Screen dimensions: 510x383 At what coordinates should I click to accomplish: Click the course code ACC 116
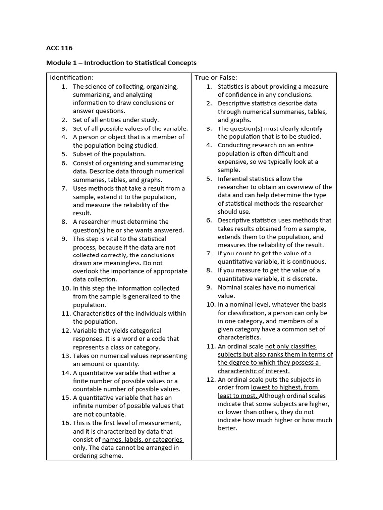click(59, 48)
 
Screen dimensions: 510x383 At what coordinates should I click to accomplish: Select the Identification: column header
click(71, 77)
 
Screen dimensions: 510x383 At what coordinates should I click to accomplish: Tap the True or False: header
click(216, 77)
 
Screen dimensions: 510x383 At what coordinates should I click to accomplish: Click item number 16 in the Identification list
click(66, 423)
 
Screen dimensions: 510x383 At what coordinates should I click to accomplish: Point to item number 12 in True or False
click(210, 380)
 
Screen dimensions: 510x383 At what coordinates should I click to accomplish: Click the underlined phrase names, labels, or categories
click(142, 440)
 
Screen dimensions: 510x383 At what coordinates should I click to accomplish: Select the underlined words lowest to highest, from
click(285, 387)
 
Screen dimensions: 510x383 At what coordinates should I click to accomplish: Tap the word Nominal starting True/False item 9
click(231, 287)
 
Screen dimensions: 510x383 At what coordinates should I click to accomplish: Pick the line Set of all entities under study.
click(116, 120)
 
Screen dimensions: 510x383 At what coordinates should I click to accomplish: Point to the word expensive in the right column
click(234, 162)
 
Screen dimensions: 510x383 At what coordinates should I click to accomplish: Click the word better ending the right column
click(227, 428)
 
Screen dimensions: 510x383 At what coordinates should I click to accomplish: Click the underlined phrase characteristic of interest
click(253, 371)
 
